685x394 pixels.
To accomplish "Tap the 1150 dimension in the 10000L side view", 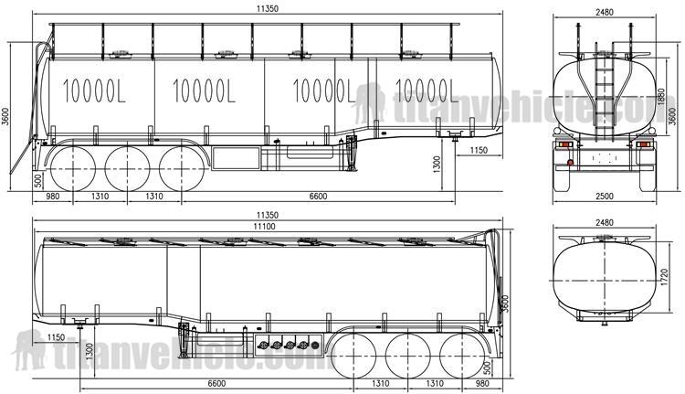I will pyautogui.click(x=478, y=149).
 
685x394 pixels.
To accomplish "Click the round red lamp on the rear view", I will pyautogui.click(x=569, y=164).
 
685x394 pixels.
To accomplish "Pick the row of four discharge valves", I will pyautogui.click(x=282, y=345).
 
